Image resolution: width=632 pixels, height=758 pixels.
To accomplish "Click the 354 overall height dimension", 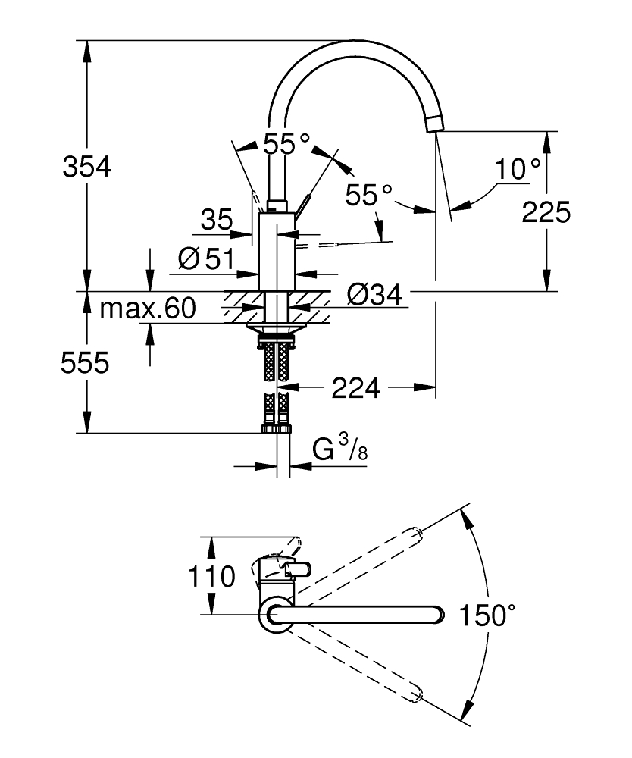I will (86, 166).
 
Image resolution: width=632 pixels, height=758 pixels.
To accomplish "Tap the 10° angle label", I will (519, 169).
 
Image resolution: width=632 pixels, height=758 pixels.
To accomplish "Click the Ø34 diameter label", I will (372, 294).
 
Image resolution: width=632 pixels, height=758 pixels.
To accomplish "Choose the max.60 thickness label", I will (149, 308).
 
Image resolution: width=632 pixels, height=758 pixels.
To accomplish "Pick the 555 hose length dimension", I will (86, 363).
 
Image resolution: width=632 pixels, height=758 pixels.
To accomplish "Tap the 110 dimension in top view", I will (213, 577).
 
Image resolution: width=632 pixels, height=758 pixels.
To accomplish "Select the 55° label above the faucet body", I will (286, 143).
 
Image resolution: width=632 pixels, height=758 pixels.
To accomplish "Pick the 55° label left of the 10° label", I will (369, 195).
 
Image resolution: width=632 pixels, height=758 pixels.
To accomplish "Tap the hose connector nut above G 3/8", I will (276, 429).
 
